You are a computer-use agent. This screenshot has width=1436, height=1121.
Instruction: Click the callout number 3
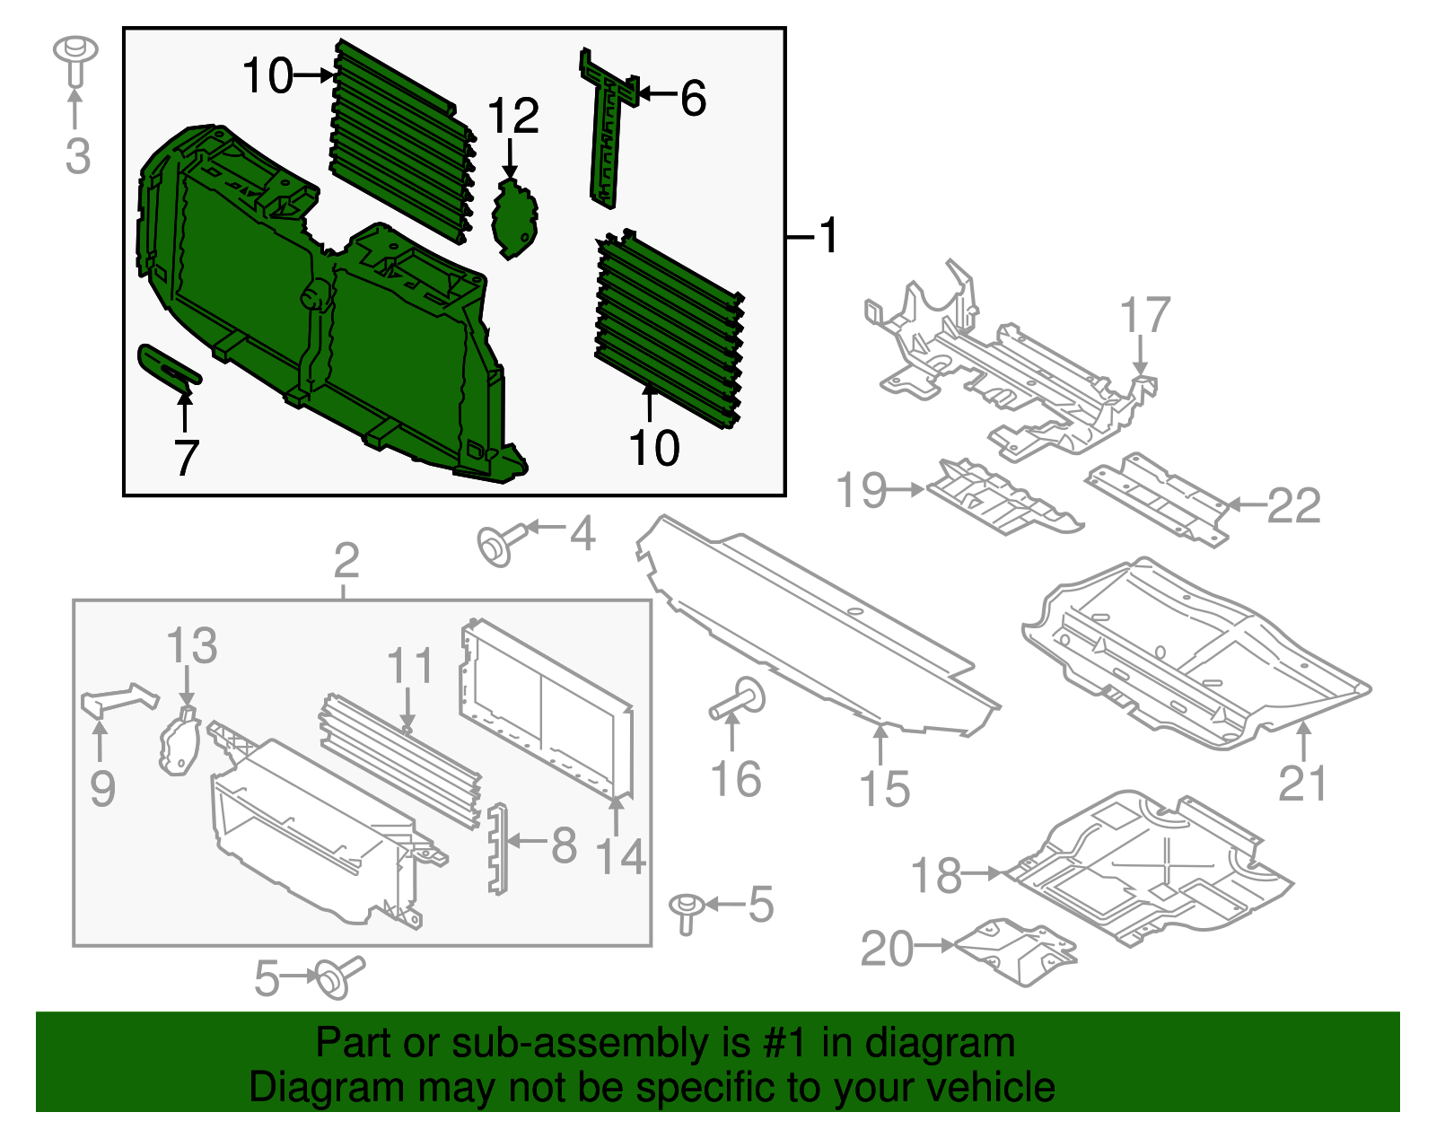(x=78, y=156)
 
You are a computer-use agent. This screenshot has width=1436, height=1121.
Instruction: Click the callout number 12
(x=513, y=117)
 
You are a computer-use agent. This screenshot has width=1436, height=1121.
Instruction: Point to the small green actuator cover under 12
(x=515, y=218)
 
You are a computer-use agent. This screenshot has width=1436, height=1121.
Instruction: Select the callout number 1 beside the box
(x=828, y=236)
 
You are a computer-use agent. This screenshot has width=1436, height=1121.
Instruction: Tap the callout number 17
(x=1145, y=315)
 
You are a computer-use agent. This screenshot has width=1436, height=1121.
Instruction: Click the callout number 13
(x=192, y=646)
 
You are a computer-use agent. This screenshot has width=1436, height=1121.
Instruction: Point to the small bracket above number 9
(x=119, y=699)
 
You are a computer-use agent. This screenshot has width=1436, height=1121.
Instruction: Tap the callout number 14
(x=621, y=856)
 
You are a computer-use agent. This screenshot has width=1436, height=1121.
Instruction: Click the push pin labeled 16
(x=738, y=699)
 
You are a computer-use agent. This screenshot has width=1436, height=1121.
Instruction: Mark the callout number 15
(x=884, y=789)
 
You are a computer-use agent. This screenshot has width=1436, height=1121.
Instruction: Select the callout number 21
(x=1302, y=784)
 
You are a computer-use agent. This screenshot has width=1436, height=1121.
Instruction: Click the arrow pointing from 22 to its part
(x=1246, y=505)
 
